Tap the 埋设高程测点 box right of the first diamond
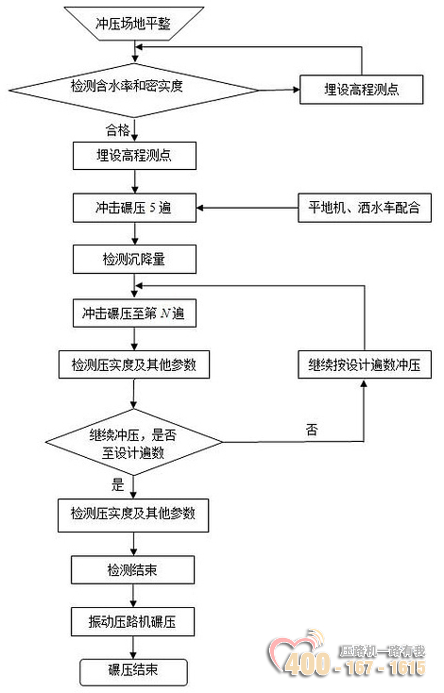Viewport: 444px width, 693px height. coord(361,89)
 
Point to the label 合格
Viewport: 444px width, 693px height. coord(118,131)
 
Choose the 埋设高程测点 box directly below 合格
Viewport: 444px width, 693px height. coord(134,156)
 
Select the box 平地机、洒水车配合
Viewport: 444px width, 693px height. coord(364,208)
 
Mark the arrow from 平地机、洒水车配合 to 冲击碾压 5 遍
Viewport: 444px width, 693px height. coord(247,208)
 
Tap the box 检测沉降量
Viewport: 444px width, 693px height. coord(134,259)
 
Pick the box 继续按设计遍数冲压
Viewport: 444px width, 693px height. coord(364,365)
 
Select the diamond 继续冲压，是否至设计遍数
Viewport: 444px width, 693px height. coord(134,442)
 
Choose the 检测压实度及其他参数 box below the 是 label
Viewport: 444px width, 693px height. coord(134,514)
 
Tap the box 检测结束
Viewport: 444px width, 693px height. coord(133,570)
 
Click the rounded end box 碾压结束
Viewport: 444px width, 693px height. coord(134,670)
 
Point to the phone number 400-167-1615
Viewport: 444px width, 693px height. coord(355,667)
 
